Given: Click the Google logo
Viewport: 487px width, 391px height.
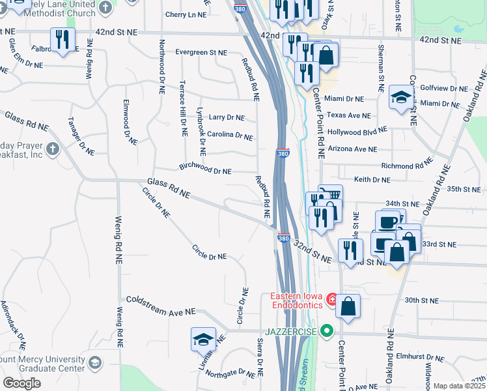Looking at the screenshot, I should (21, 383).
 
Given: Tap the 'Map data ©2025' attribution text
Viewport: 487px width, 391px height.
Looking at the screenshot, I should (459, 386).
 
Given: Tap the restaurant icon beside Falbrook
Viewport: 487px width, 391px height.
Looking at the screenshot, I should (63, 40).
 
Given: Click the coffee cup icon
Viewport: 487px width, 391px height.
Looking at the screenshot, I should (387, 222).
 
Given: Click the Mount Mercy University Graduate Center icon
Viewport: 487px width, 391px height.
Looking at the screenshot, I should (95, 363).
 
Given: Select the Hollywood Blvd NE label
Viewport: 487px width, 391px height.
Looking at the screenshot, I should (352, 132).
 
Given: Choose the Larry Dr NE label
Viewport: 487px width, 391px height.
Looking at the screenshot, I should (227, 117).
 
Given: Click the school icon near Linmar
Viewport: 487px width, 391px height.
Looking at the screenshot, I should (202, 339).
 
